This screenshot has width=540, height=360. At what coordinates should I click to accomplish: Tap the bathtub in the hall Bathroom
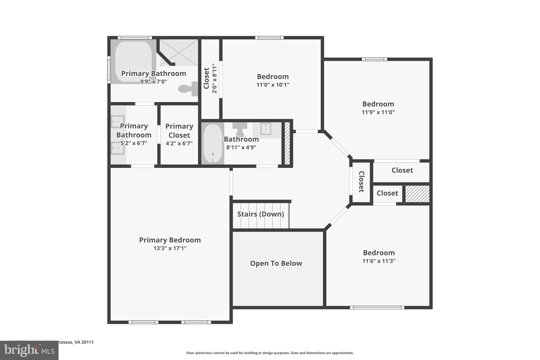click(213, 143)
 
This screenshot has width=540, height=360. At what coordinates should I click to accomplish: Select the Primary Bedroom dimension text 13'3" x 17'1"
click(170, 248)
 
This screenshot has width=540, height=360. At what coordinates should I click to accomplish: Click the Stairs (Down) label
click(261, 214)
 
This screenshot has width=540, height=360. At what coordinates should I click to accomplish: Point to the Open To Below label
click(276, 263)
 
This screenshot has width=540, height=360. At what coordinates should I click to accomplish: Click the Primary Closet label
click(179, 131)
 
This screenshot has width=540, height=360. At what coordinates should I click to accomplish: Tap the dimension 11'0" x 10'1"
click(273, 85)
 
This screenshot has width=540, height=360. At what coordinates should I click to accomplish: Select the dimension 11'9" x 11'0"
click(378, 112)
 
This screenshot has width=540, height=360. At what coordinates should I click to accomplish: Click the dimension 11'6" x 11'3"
click(379, 261)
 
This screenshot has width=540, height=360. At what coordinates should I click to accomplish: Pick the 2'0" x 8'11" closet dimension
click(215, 78)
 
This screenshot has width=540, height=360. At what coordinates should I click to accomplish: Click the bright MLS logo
click(29, 350)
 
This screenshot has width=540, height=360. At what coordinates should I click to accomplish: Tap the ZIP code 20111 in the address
click(88, 342)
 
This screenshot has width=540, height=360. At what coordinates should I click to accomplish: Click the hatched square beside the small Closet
click(417, 194)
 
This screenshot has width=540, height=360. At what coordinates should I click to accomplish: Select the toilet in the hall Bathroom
click(240, 128)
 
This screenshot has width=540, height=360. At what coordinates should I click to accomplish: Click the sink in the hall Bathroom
click(266, 129)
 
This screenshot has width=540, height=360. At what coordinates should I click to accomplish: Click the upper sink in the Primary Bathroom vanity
click(117, 121)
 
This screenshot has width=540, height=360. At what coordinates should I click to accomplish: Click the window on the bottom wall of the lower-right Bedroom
click(377, 308)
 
